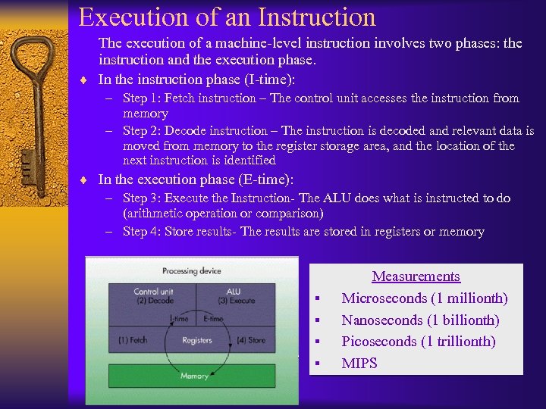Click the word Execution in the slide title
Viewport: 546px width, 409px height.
133,17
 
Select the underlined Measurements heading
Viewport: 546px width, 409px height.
416,277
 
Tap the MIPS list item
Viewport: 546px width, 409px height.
359,364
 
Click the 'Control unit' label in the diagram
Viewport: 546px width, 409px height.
155,292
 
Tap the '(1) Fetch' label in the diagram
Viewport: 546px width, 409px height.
133,340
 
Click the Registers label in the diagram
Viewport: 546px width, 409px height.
196,340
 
